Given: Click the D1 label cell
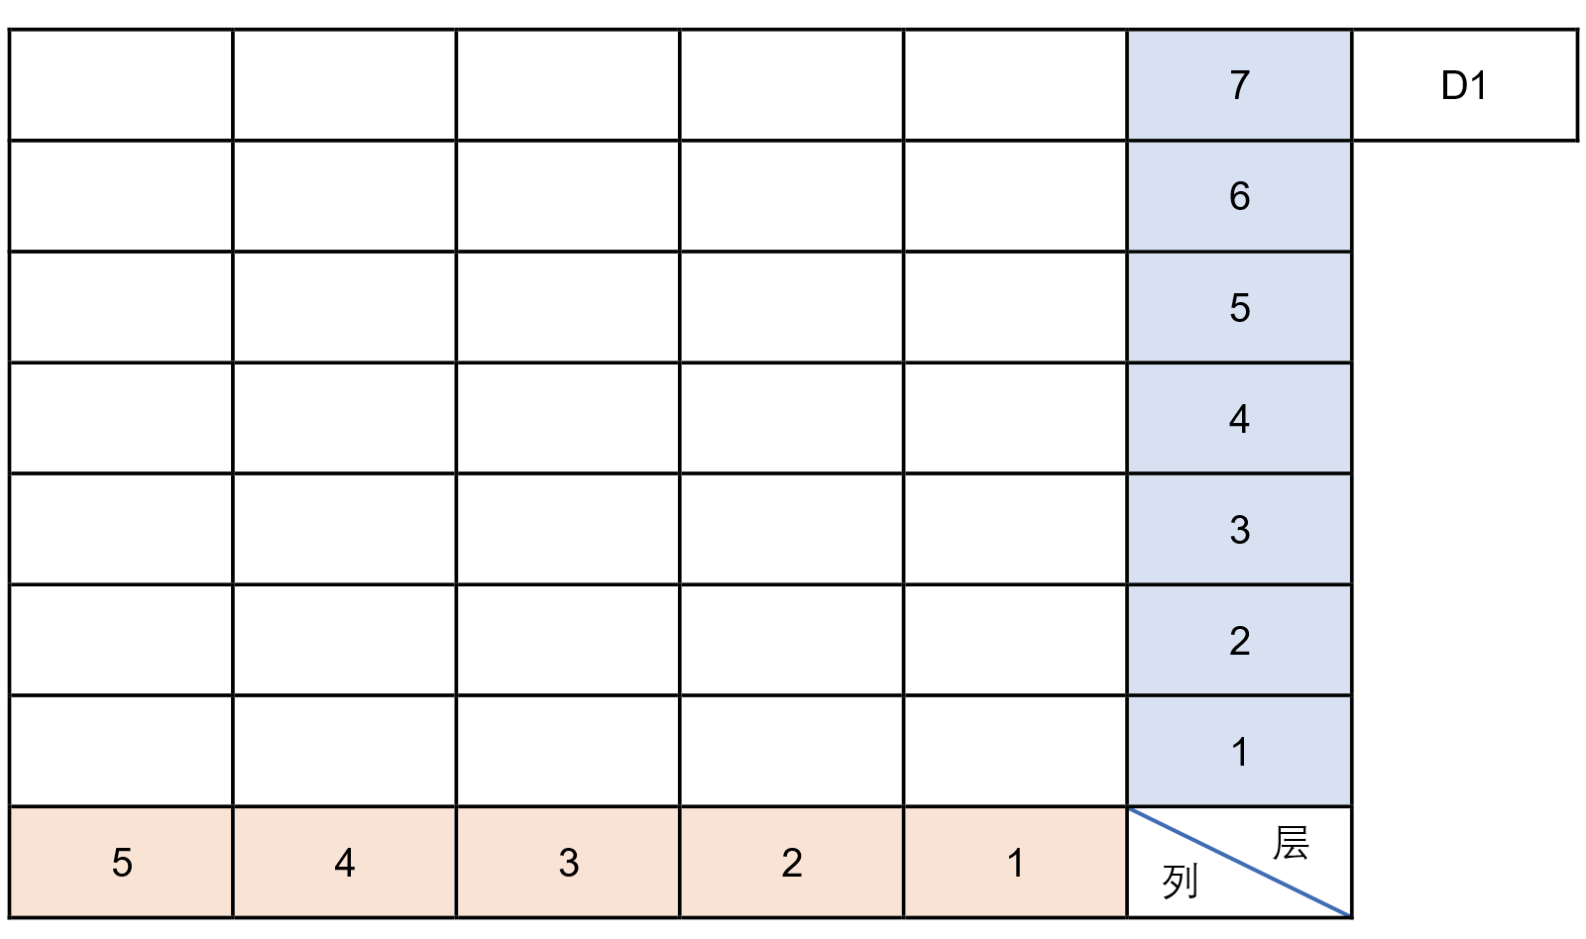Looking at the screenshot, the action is [1464, 85].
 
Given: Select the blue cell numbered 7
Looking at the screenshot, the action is [1240, 85].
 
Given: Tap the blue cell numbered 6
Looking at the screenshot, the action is [1240, 196].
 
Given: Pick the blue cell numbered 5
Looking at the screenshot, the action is [1240, 307].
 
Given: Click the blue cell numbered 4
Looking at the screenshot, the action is [1240, 418].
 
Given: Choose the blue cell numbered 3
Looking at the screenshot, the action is [1240, 529].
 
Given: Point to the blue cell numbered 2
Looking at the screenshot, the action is [1240, 641].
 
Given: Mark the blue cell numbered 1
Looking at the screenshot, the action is [1240, 752].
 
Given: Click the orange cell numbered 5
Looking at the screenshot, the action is [121, 863].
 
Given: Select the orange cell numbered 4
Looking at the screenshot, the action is [345, 863].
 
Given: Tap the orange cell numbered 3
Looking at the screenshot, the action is [569, 863].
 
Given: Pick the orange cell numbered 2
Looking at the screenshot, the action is [792, 863].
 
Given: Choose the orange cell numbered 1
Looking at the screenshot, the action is [1016, 863].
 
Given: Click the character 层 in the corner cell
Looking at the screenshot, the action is [1291, 843].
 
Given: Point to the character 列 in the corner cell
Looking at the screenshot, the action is [1181, 882].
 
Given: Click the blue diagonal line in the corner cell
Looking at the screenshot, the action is [1240, 863].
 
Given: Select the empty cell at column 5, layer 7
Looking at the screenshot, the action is [121, 85].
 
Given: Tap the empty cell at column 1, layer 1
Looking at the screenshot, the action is [1016, 752].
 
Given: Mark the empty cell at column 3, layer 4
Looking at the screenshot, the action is [569, 418].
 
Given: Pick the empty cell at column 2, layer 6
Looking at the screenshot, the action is [792, 196].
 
